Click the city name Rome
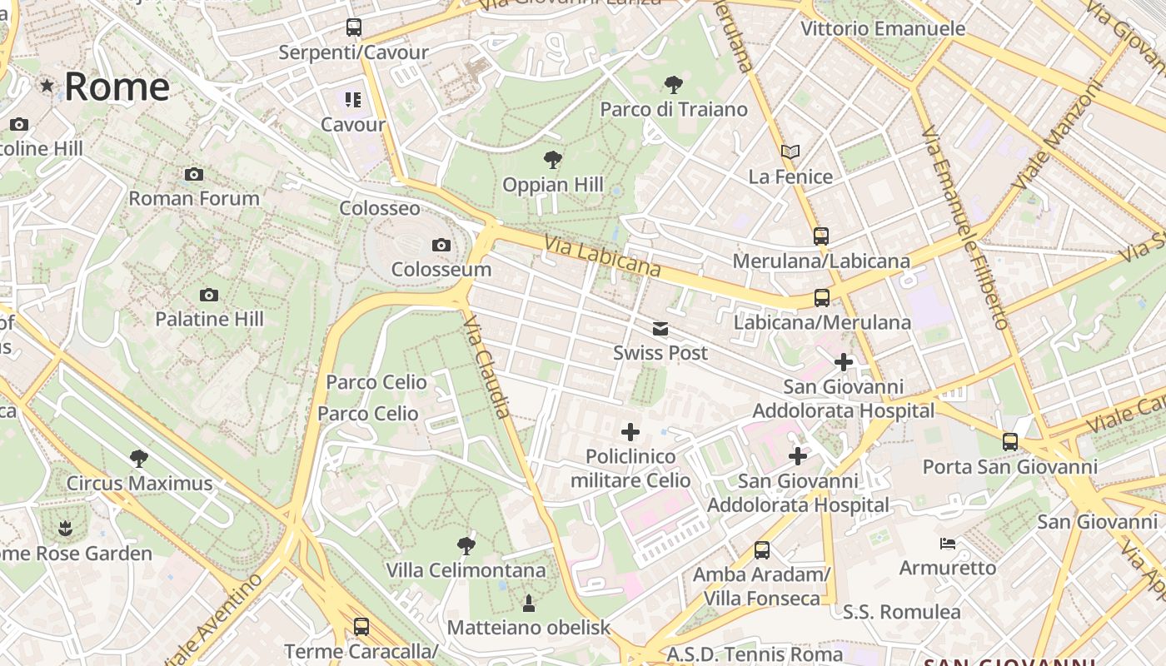point(117,87)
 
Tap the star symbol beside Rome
point(47,85)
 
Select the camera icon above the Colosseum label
point(441,245)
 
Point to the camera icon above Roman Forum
point(194,174)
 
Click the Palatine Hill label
point(209,319)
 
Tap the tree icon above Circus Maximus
point(139,458)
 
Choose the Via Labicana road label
point(603,256)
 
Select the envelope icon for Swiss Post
point(660,328)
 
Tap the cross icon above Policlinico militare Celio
point(630,431)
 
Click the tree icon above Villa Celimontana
point(466,546)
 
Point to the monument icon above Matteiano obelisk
point(528,602)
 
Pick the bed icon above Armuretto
point(948,544)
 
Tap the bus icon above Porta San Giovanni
point(1010,442)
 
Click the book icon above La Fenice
point(790,152)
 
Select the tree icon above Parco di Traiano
point(673,84)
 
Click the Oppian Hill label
point(553,185)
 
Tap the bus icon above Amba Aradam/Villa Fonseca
point(761,549)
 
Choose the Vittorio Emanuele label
point(883,28)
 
